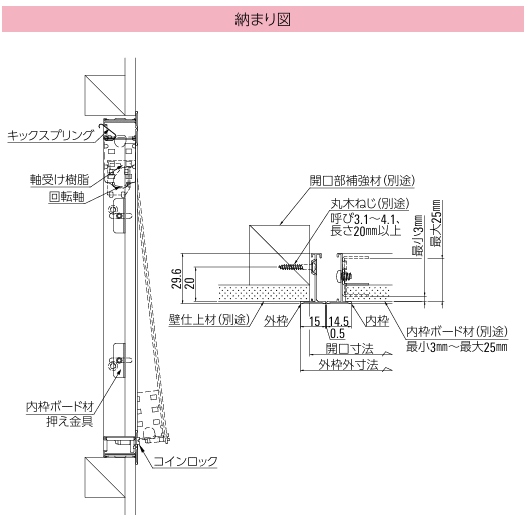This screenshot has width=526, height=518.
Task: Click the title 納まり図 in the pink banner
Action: pos(263,20)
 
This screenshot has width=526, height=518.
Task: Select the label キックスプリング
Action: pos(50,133)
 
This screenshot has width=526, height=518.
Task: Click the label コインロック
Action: pos(185,460)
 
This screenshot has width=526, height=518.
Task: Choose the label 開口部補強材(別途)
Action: pos(362,181)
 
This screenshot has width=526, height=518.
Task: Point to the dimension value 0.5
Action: pos(337,334)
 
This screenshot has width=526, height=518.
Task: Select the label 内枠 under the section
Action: pos(376,322)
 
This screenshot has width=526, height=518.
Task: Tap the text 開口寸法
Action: pos(346,349)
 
